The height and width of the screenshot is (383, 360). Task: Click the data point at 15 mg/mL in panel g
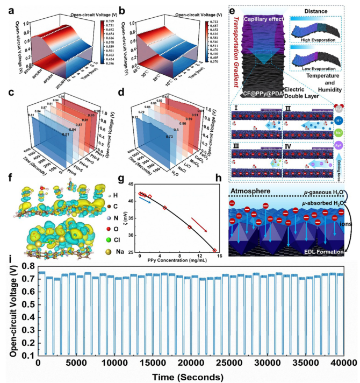(215, 250)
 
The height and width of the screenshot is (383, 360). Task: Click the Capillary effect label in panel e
(267, 20)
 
